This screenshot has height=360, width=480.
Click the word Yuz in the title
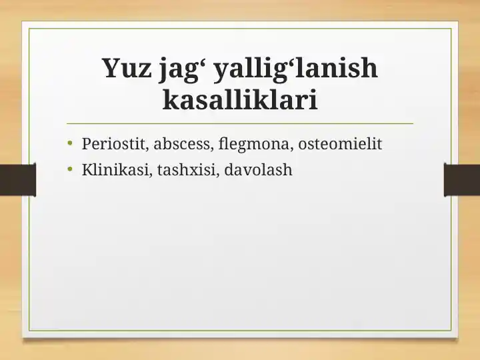127,69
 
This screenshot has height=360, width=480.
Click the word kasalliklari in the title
239,101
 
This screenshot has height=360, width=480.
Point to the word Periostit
110,143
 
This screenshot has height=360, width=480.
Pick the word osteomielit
340,143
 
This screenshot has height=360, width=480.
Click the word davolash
259,170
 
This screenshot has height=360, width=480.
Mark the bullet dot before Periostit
70,143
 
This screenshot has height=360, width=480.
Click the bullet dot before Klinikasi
70,170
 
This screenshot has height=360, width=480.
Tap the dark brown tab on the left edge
17,180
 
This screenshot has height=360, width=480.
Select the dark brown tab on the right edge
462,180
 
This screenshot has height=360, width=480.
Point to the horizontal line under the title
240,123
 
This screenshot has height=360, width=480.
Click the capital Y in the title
111,69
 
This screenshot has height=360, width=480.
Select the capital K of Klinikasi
87,170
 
